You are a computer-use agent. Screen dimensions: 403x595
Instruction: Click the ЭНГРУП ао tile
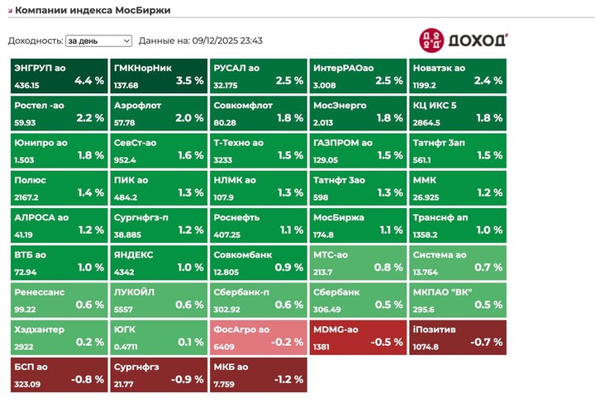(x=59, y=75)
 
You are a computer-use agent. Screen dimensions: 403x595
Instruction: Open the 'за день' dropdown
(x=98, y=40)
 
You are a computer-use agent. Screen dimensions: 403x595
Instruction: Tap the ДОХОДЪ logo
(x=464, y=39)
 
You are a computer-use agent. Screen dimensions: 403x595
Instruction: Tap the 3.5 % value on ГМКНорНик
(x=189, y=81)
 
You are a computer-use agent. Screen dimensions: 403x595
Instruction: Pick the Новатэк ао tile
(x=458, y=75)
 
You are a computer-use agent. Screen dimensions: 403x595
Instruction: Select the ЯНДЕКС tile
(x=159, y=262)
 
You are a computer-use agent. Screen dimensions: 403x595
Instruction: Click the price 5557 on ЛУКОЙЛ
(x=123, y=310)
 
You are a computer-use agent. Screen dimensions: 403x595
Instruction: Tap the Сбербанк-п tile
(x=257, y=299)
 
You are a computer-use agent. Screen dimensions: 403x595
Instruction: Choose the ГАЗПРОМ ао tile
(x=358, y=149)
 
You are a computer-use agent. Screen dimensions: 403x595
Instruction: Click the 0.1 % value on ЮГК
(x=190, y=342)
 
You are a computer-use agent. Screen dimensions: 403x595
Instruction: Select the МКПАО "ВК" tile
(x=458, y=299)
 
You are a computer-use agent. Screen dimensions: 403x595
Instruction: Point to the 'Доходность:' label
(x=35, y=40)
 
